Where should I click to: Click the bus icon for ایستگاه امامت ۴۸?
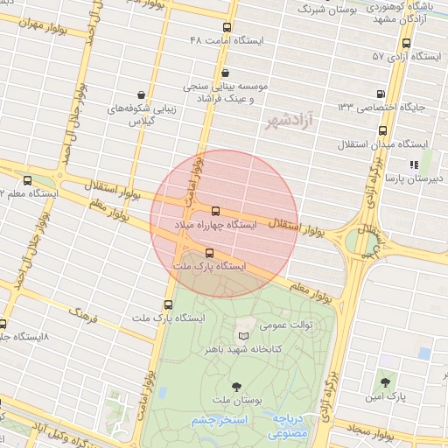227,28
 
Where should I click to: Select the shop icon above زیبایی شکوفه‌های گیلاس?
141,94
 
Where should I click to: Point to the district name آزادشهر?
288,119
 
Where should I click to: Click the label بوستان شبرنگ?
329,9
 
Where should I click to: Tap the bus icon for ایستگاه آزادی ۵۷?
406,42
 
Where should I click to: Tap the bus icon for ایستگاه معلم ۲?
27,179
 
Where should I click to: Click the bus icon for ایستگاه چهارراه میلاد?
215,211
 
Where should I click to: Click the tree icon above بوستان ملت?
235,385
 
